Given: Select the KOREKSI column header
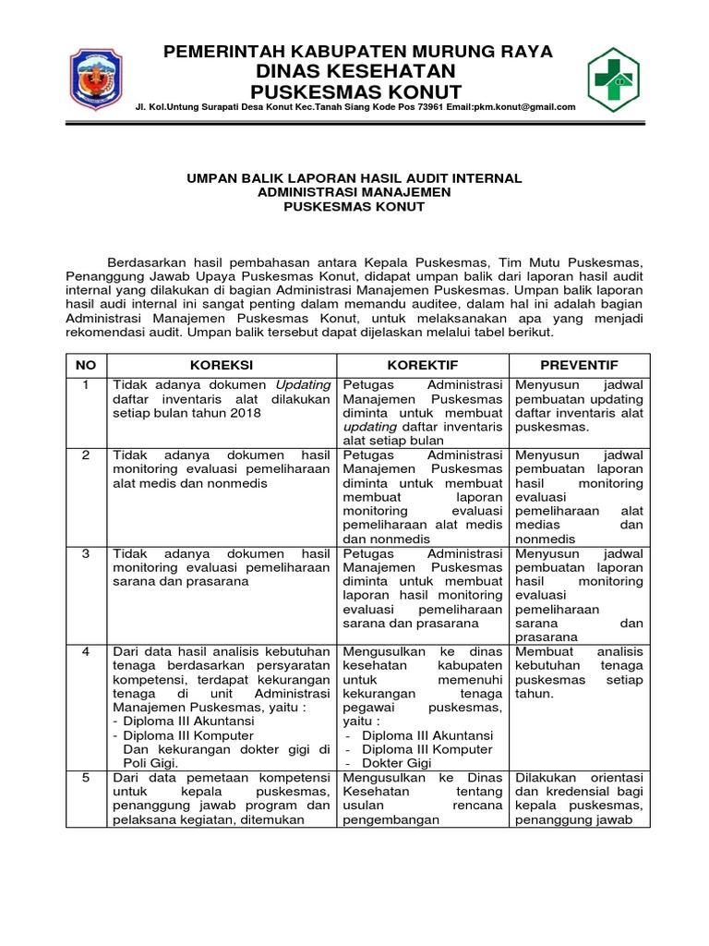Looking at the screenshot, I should pyautogui.click(x=222, y=365).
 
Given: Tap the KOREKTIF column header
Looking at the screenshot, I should pyautogui.click(x=423, y=365).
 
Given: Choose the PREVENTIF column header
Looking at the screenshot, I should pyautogui.click(x=580, y=365).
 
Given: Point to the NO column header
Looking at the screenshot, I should pyautogui.click(x=86, y=365).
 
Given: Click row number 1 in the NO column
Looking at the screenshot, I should pyautogui.click(x=86, y=384).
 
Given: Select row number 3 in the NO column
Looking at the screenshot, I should pyautogui.click(x=86, y=553).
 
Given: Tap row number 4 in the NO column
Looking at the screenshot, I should pyautogui.click(x=86, y=651).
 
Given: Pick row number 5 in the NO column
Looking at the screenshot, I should pyautogui.click(x=86, y=778).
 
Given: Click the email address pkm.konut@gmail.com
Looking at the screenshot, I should pyautogui.click(x=523, y=107).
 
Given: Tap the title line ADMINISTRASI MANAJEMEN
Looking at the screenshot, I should pyautogui.click(x=355, y=192).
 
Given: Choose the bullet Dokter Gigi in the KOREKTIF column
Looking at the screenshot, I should pyautogui.click(x=397, y=763).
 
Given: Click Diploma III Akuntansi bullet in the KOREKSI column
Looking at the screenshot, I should pyautogui.click(x=177, y=722).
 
